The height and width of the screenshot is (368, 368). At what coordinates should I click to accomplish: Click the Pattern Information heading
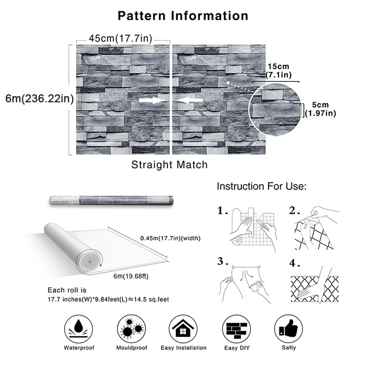[183, 16]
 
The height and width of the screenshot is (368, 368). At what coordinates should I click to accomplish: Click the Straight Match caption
[169, 164]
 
